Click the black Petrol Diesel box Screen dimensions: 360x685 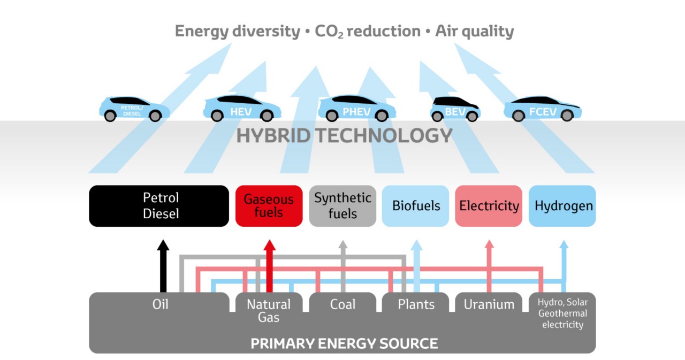[159, 206]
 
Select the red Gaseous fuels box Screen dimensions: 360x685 [269, 206]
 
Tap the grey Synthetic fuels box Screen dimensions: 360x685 [342, 206]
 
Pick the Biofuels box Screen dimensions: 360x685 [416, 206]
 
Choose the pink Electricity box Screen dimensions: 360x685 [489, 206]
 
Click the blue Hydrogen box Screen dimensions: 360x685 [562, 206]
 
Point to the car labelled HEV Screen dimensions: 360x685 [241, 109]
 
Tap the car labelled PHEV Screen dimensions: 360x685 [356, 109]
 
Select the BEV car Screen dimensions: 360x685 [455, 109]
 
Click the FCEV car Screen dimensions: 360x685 [542, 109]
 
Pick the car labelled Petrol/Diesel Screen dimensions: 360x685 [134, 109]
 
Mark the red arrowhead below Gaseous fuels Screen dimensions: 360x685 [270, 245]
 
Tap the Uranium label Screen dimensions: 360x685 [489, 304]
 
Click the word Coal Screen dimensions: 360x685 [342, 304]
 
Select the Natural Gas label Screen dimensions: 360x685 [269, 310]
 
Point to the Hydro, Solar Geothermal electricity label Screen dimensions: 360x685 [562, 313]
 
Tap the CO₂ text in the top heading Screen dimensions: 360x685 [330, 32]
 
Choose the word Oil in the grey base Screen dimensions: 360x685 [160, 304]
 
